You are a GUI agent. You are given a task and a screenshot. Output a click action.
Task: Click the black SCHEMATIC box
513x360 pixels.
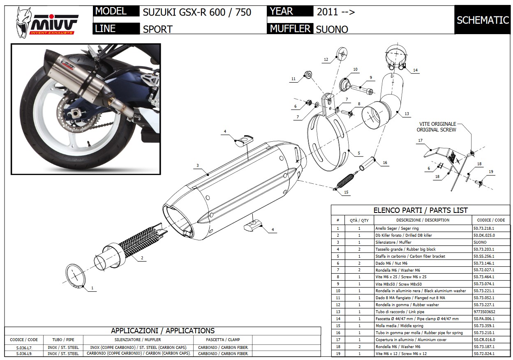483,20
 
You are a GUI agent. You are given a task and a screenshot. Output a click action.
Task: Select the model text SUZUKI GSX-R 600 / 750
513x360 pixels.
196,12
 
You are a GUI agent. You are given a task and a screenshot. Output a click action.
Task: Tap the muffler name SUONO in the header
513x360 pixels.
331,29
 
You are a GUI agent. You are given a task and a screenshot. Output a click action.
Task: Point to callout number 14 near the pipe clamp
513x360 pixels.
415,70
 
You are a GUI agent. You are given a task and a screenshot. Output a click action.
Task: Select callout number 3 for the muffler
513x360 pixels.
197,166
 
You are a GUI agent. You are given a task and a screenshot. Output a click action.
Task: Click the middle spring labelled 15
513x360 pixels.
345,181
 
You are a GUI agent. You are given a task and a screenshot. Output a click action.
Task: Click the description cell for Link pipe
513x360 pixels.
423,312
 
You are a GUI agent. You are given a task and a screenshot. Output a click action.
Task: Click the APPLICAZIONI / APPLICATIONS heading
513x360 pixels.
162,330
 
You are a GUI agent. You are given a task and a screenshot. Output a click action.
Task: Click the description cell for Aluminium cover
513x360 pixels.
423,339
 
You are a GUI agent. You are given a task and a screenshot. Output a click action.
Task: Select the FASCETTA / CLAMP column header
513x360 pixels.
223,340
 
